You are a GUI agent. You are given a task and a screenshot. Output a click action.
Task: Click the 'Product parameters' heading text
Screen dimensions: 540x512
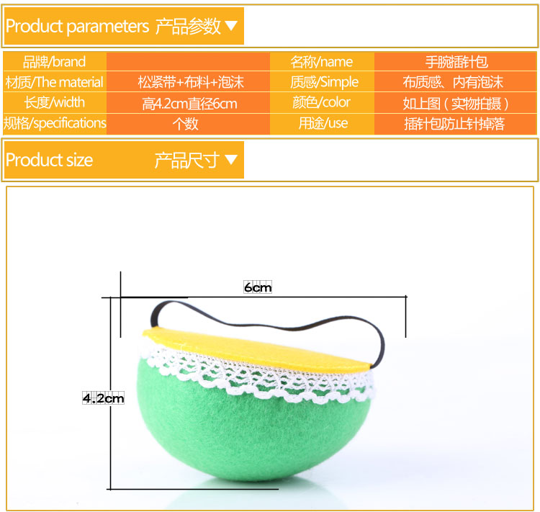(78, 27)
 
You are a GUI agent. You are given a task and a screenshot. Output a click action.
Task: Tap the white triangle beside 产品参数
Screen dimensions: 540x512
(231, 25)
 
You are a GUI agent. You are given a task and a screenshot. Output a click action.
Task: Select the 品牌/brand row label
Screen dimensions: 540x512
(54, 62)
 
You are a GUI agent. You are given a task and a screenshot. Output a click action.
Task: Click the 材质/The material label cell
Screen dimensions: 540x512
(55, 82)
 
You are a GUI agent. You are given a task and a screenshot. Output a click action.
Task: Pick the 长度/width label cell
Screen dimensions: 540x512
(55, 102)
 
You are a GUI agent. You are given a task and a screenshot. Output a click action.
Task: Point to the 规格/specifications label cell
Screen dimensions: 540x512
(55, 123)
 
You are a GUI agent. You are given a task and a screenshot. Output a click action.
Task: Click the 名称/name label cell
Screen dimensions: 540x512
(322, 62)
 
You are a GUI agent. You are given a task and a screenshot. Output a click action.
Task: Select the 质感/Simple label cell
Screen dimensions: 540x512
(325, 82)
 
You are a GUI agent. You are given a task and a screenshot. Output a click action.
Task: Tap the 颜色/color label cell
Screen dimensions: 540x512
(321, 102)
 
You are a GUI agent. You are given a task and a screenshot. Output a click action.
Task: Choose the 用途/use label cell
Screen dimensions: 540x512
(323, 123)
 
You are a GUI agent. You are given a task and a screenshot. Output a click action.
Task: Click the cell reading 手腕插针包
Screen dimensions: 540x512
(456, 62)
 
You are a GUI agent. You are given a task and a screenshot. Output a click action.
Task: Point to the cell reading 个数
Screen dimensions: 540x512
(185, 123)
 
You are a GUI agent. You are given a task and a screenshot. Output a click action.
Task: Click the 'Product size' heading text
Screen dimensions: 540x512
(49, 160)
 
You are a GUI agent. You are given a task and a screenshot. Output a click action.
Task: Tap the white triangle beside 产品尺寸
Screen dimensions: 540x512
(231, 159)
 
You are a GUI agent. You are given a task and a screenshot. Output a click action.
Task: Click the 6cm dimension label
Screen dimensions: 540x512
(258, 287)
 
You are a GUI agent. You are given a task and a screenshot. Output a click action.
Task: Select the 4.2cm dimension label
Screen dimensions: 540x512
(103, 398)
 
